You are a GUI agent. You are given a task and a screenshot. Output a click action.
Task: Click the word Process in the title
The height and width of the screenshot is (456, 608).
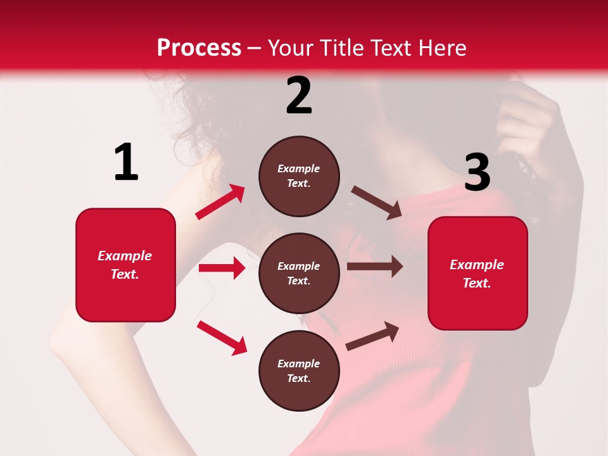[199, 48]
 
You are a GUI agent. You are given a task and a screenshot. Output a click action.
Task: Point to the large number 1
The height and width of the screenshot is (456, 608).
[126, 163]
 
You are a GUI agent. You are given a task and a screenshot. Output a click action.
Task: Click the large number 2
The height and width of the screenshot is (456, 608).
[299, 96]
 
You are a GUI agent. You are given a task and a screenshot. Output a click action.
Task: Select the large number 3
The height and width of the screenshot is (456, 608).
[477, 172]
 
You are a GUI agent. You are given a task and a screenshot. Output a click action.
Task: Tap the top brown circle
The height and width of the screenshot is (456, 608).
[299, 176]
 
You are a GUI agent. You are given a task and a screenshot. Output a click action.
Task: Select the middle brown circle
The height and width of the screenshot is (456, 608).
[299, 273]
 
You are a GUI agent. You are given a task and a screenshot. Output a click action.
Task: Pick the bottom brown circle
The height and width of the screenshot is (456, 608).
[299, 370]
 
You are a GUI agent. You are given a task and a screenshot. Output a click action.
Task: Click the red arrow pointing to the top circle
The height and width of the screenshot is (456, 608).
[220, 202]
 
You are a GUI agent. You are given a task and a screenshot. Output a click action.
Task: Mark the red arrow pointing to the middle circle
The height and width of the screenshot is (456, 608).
[222, 268]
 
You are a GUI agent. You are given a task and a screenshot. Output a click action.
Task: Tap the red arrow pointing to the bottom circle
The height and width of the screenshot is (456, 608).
[222, 338]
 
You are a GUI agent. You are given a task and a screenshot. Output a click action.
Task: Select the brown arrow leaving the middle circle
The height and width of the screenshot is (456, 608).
[375, 267]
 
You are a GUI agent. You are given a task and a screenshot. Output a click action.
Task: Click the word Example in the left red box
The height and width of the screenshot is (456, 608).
[125, 256]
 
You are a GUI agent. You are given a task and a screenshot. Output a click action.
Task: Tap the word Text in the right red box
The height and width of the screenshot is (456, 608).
[476, 283]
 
